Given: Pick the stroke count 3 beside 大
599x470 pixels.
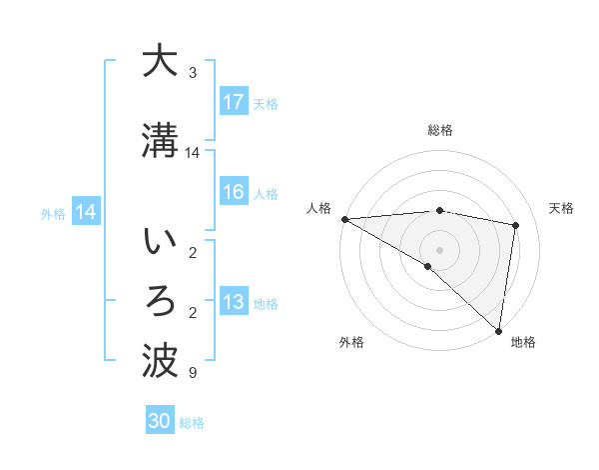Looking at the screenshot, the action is (193, 73).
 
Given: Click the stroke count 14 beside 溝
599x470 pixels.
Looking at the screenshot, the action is (194, 153).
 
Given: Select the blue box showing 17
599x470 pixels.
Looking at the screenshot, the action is (234, 102).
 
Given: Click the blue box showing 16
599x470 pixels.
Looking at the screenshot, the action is (234, 193).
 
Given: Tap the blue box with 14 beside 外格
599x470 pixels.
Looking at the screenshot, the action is (86, 212).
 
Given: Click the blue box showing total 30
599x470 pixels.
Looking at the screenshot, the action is (160, 421).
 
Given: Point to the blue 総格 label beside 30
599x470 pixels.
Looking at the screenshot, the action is (193, 423).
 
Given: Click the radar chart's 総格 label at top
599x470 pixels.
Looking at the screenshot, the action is (439, 130).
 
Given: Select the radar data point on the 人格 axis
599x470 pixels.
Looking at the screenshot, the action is (344, 219).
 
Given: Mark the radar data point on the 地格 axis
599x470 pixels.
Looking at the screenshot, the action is (498, 330).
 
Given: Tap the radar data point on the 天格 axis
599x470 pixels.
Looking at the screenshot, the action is (516, 225).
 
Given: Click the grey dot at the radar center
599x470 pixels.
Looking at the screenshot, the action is (439, 247).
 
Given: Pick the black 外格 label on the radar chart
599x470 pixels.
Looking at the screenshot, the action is (351, 342).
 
